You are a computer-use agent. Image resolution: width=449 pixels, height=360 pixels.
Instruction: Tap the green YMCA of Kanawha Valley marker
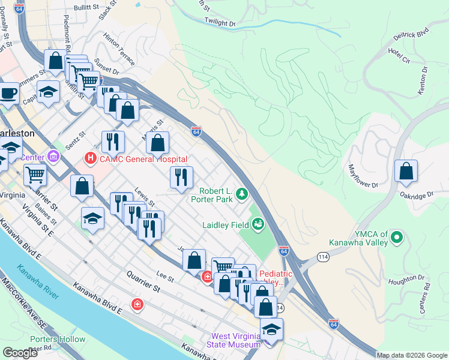[396, 238]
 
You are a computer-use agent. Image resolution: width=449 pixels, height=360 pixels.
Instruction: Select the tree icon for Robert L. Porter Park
[241, 193]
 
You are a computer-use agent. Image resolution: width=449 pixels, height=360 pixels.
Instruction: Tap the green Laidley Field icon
[258, 224]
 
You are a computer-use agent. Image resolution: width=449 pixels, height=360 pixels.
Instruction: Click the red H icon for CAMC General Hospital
[90, 158]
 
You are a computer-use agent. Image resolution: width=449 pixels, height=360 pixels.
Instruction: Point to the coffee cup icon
[8, 94]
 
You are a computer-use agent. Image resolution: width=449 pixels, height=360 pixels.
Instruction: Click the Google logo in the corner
[20, 353]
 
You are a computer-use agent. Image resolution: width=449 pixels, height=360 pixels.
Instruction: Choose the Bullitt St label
[85, 7]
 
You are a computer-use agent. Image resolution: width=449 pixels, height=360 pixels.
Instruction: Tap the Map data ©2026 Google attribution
[412, 355]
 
